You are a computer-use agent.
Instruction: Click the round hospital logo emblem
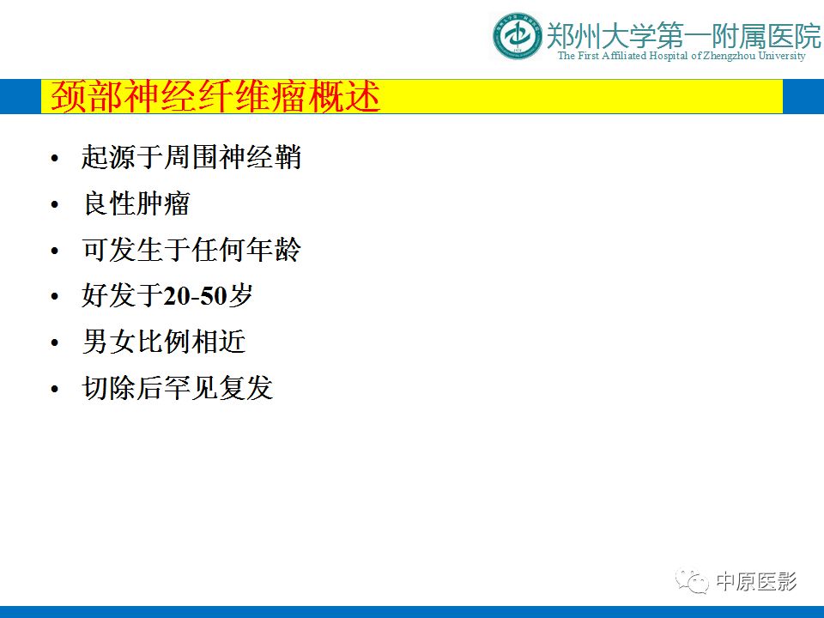click(x=517, y=36)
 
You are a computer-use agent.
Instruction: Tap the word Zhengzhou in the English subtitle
click(x=730, y=56)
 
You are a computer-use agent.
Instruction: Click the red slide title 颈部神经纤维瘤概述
click(x=215, y=96)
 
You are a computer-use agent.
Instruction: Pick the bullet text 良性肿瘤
click(x=136, y=203)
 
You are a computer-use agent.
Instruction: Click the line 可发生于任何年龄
click(x=191, y=250)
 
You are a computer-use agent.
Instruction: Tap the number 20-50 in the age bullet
click(x=195, y=296)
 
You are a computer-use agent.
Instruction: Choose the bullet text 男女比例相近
click(x=164, y=342)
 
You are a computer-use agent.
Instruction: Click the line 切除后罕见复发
click(x=178, y=388)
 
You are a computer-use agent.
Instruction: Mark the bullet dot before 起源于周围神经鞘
click(x=55, y=158)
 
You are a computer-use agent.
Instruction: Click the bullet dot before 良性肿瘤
click(x=55, y=204)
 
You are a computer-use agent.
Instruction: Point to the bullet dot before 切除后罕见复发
click(x=55, y=390)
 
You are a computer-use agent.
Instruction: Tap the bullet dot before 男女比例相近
click(x=55, y=343)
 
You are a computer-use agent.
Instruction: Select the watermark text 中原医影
click(x=757, y=581)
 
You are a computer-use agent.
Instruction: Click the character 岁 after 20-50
click(x=240, y=295)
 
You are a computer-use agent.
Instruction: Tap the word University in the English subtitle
click(x=781, y=56)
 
